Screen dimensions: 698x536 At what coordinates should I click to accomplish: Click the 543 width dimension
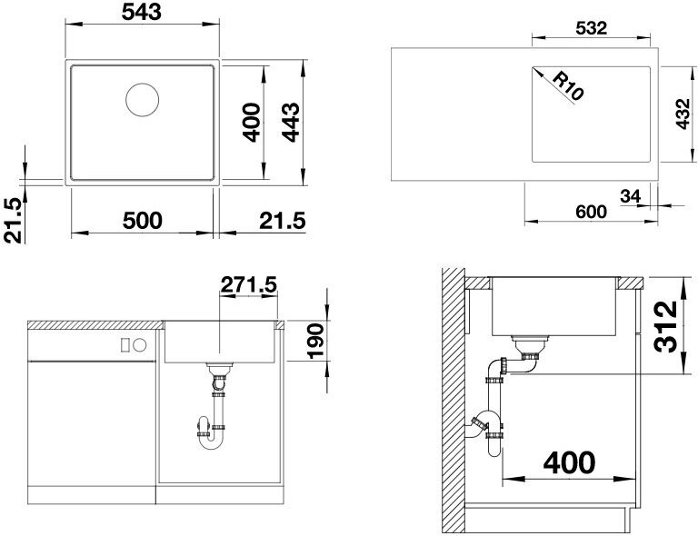point(142,12)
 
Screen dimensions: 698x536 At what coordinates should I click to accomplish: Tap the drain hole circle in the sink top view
point(143,100)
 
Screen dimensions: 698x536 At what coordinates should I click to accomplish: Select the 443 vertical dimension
point(292,123)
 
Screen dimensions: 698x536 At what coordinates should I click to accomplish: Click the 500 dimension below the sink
point(143,220)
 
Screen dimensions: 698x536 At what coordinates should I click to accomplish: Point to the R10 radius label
point(568,85)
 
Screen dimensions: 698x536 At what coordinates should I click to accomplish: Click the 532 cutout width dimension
point(591,28)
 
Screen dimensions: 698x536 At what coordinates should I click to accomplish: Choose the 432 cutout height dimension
point(683,114)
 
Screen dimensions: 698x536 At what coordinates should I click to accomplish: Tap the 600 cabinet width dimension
point(591,212)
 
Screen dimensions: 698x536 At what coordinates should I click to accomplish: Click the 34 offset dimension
point(631,195)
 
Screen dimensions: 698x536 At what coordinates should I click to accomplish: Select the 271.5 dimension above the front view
point(249,284)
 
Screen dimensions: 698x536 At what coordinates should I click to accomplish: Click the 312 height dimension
point(667,326)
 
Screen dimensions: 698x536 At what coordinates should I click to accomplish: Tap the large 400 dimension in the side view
point(569,462)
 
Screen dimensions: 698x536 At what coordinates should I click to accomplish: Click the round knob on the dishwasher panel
point(140,344)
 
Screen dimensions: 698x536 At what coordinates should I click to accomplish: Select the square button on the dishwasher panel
point(125,344)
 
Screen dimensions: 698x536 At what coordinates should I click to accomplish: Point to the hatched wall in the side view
point(453,401)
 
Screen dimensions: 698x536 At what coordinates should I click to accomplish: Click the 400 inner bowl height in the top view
point(253,123)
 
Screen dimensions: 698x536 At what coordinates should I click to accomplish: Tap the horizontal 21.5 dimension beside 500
point(283,221)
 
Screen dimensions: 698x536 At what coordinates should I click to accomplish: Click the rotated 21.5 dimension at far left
point(13,220)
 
